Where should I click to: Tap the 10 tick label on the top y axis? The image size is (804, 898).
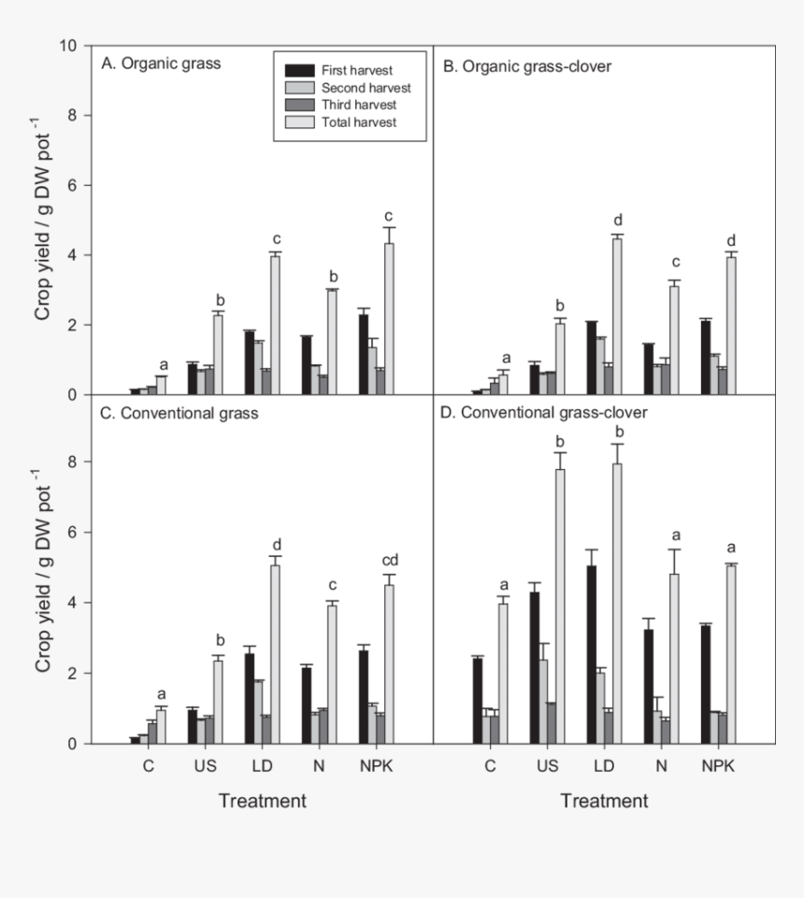67,46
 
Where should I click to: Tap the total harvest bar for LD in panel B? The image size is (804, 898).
616,316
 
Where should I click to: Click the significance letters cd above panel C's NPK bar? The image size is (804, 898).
389,561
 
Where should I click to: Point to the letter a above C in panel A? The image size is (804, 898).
164,364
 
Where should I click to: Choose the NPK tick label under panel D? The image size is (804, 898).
718,766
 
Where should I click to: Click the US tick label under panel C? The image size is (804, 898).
206,766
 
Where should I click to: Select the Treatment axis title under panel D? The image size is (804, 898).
604,801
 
